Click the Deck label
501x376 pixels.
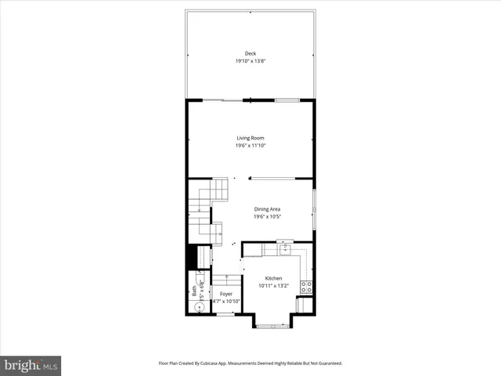250,53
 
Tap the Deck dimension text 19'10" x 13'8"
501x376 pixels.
250,61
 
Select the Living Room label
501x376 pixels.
250,138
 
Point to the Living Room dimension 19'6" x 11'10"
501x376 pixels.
250,146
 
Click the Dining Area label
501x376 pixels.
267,209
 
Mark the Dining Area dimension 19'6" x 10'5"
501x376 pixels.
267,217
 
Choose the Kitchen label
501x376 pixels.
273,279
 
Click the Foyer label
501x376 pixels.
225,294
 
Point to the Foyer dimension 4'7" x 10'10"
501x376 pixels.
225,302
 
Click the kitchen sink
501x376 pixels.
286,250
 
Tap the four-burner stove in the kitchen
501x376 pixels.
307,287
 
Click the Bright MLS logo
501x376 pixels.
31,365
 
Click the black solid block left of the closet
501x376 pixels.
190,257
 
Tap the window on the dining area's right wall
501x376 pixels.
315,209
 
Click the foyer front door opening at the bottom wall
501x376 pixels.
225,314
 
